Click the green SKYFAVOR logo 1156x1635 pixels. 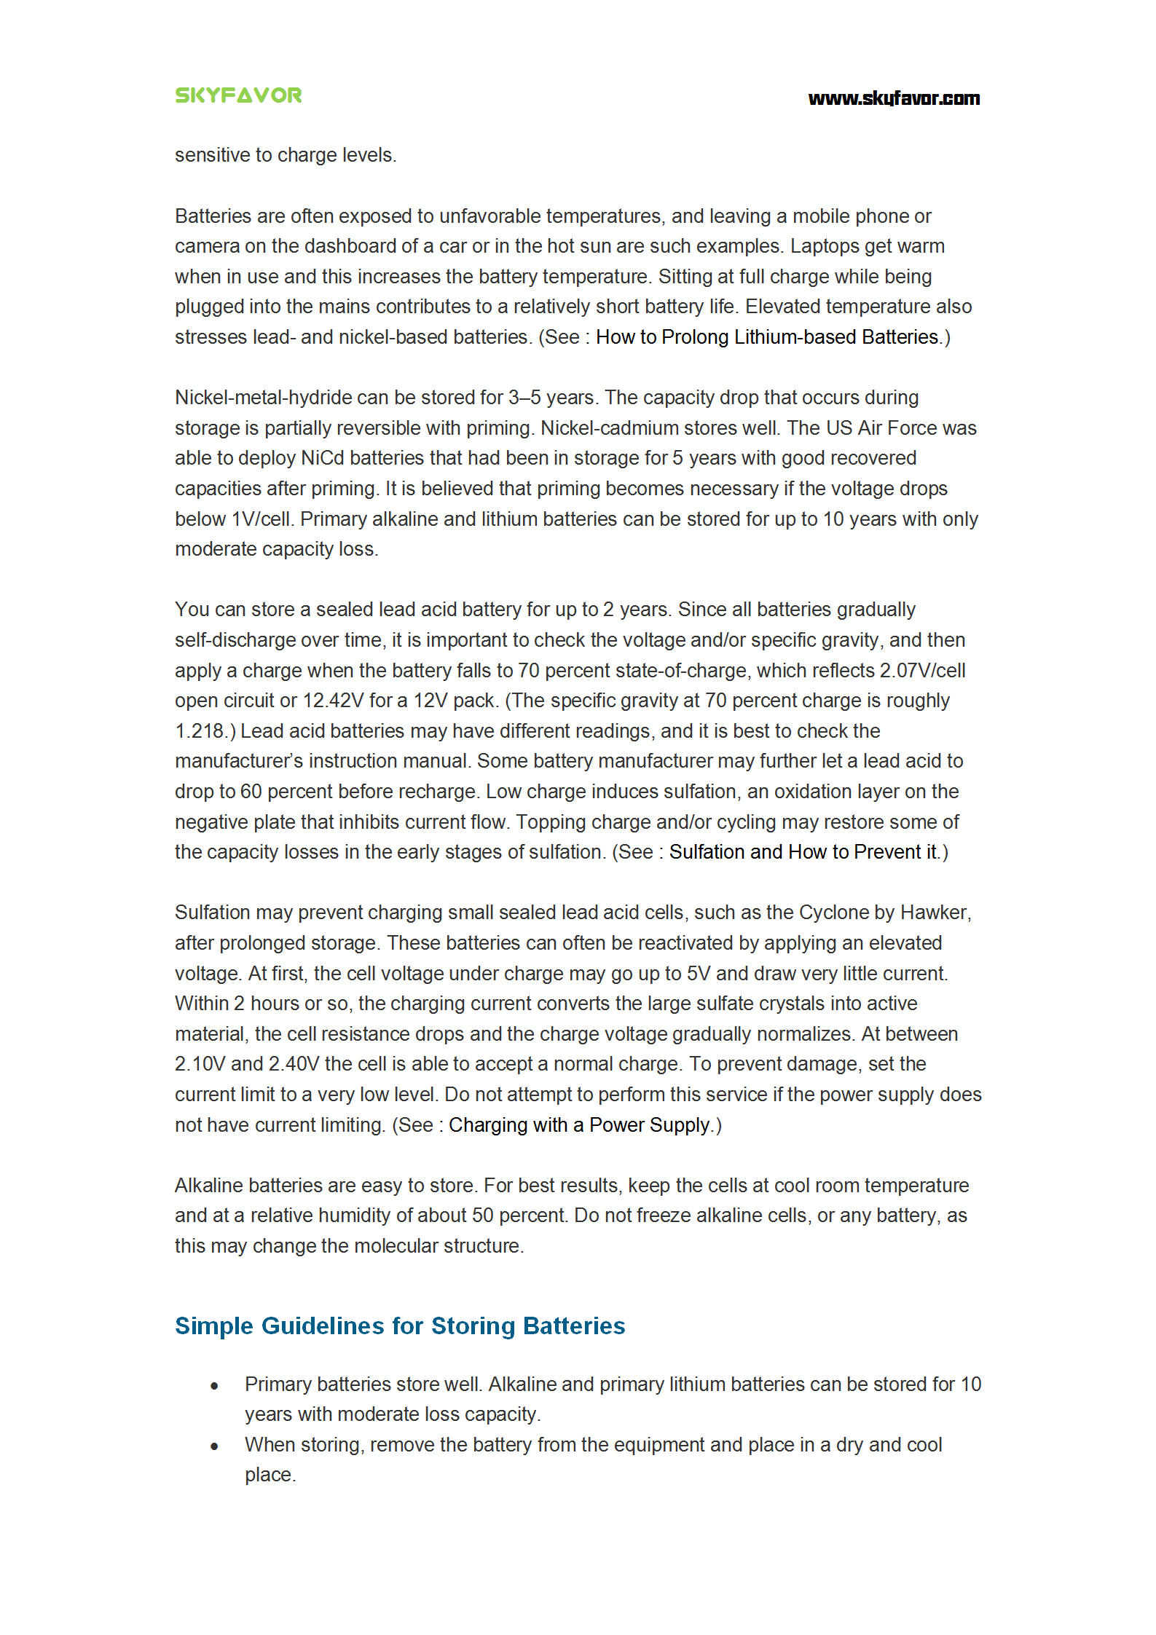coord(238,95)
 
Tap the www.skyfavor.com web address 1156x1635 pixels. coord(894,98)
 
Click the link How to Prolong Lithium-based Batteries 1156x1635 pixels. coord(767,337)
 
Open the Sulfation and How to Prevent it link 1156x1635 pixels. coord(803,852)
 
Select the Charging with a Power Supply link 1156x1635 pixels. coord(579,1125)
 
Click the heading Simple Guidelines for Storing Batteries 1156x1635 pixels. coord(400,1326)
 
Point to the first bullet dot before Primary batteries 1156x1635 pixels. coord(214,1386)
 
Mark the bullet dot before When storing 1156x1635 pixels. coord(214,1446)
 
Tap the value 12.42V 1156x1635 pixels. coord(333,701)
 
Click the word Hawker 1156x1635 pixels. coord(935,913)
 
